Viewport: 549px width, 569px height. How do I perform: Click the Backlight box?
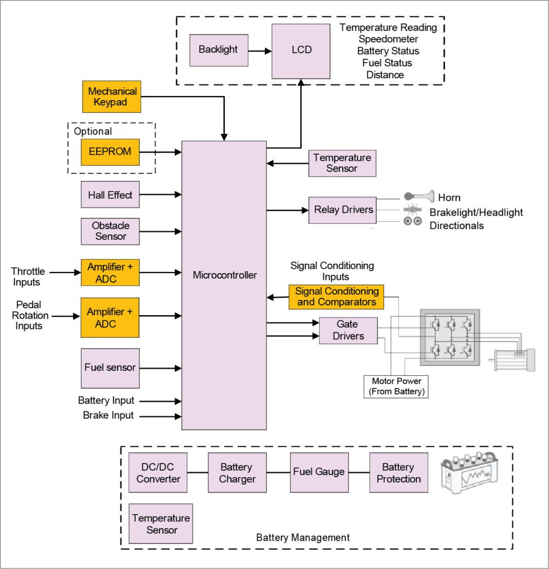click(x=218, y=50)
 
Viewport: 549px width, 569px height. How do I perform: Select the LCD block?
click(x=301, y=51)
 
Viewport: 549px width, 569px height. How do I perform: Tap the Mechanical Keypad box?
click(x=112, y=97)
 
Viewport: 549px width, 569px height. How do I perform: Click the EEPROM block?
click(x=110, y=152)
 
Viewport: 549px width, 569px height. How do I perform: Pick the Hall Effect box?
click(x=110, y=195)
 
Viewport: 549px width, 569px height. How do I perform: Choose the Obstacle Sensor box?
click(x=110, y=231)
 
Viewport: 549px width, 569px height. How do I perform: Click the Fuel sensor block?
click(x=110, y=368)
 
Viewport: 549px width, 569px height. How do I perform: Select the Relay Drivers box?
click(x=342, y=210)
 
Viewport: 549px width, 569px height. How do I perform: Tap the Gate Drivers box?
click(x=348, y=330)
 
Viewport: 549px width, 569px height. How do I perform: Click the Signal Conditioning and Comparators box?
click(x=336, y=297)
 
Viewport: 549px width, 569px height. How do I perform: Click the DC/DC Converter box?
click(x=158, y=472)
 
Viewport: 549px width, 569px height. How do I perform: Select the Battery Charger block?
click(x=237, y=472)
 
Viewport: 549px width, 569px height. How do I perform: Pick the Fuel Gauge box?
click(x=319, y=472)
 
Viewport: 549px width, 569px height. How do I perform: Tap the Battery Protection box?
click(x=398, y=472)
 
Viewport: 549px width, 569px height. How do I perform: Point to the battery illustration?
click(x=470, y=473)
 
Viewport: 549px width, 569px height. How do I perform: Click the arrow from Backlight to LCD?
click(x=260, y=51)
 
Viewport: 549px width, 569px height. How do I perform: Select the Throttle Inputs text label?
click(x=28, y=276)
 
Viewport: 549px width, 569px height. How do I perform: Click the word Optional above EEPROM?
click(x=93, y=131)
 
